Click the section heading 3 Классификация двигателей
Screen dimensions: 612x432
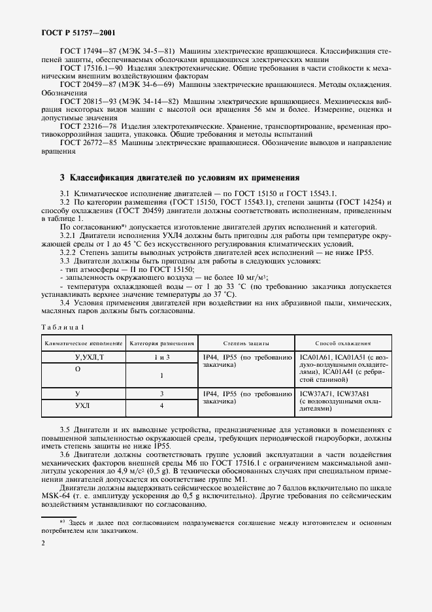point(180,177)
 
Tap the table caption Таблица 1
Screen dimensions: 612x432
point(63,326)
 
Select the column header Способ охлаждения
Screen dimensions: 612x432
point(343,343)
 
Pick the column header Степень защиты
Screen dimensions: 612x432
point(246,343)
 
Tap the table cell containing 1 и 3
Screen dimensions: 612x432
point(161,357)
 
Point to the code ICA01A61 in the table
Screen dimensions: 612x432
point(318,357)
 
